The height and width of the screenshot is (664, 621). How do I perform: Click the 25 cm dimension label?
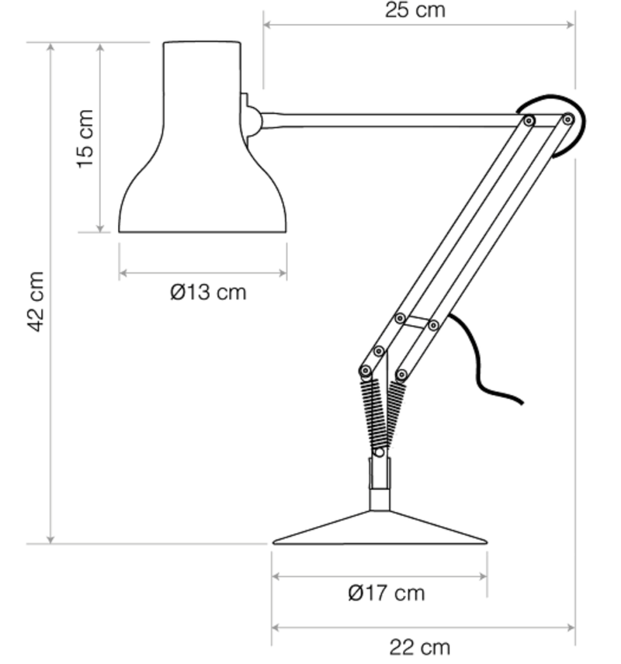(x=415, y=10)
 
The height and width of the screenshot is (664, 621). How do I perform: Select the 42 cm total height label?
(x=35, y=301)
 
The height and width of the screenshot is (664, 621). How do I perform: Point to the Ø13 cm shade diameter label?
(x=207, y=292)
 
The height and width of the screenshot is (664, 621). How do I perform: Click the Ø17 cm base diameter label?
(x=386, y=593)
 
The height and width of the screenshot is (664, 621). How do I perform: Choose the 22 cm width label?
(x=419, y=646)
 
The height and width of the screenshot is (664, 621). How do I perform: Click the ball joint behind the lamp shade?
(x=252, y=120)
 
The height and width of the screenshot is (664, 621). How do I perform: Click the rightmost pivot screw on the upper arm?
(x=568, y=119)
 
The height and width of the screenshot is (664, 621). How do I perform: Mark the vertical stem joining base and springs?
(x=379, y=481)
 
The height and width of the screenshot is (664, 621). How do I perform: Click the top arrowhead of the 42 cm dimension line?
(x=51, y=47)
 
